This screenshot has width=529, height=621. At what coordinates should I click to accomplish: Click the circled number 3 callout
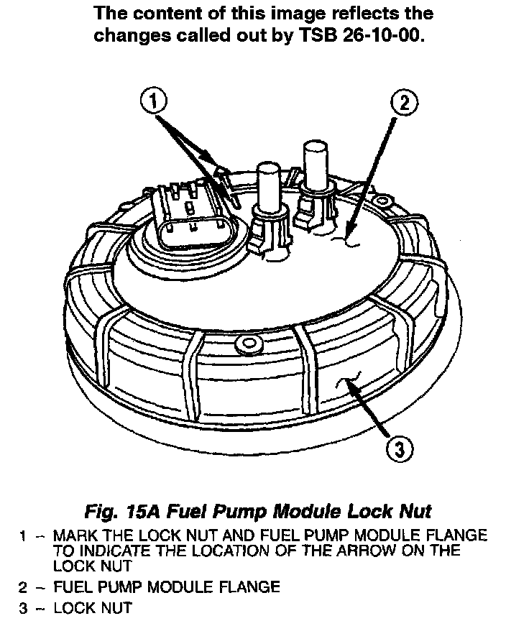[400, 450]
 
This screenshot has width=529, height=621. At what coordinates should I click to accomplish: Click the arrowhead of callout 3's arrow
[350, 385]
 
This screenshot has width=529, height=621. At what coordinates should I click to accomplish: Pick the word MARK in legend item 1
[73, 535]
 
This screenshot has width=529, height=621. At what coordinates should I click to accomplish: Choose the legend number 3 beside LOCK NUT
[24, 609]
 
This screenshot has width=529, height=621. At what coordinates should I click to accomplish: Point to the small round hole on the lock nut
[250, 340]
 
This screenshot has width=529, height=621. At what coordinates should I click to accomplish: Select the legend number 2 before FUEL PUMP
[24, 586]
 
